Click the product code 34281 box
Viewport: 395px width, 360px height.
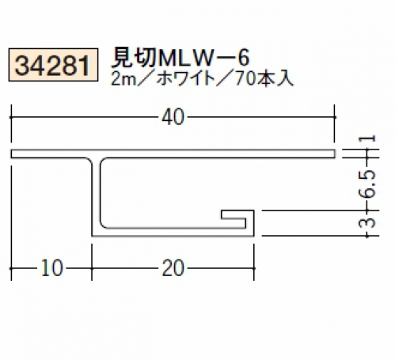(53, 65)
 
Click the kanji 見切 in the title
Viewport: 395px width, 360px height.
(133, 58)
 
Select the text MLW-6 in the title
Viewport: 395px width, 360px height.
(203, 58)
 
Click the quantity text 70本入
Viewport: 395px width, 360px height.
(264, 79)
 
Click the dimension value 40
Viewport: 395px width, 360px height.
(173, 117)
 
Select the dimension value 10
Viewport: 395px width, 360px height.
(52, 268)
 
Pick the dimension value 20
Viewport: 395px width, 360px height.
(173, 268)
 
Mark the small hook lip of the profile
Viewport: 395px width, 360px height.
(237, 214)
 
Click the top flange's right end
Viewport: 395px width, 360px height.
(335, 153)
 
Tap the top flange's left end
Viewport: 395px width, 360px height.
(12, 153)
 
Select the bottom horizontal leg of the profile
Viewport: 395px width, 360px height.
(173, 232)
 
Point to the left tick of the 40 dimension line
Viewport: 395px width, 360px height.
(11, 117)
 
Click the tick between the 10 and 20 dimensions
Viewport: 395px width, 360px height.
(92, 268)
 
